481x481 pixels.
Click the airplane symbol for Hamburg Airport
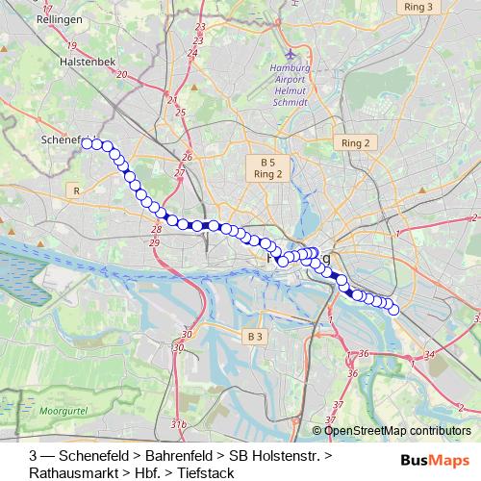click(x=289, y=55)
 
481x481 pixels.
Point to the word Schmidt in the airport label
click(x=289, y=101)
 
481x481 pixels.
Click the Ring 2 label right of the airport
click(x=355, y=142)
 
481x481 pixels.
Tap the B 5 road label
click(x=266, y=162)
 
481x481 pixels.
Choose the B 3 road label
click(x=254, y=336)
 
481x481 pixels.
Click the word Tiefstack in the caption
click(x=206, y=473)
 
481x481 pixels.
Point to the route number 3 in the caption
click(x=34, y=455)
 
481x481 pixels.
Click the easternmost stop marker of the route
click(x=392, y=309)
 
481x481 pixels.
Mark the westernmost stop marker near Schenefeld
click(x=87, y=143)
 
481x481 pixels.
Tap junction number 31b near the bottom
click(x=178, y=423)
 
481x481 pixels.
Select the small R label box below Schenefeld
click(x=75, y=191)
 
